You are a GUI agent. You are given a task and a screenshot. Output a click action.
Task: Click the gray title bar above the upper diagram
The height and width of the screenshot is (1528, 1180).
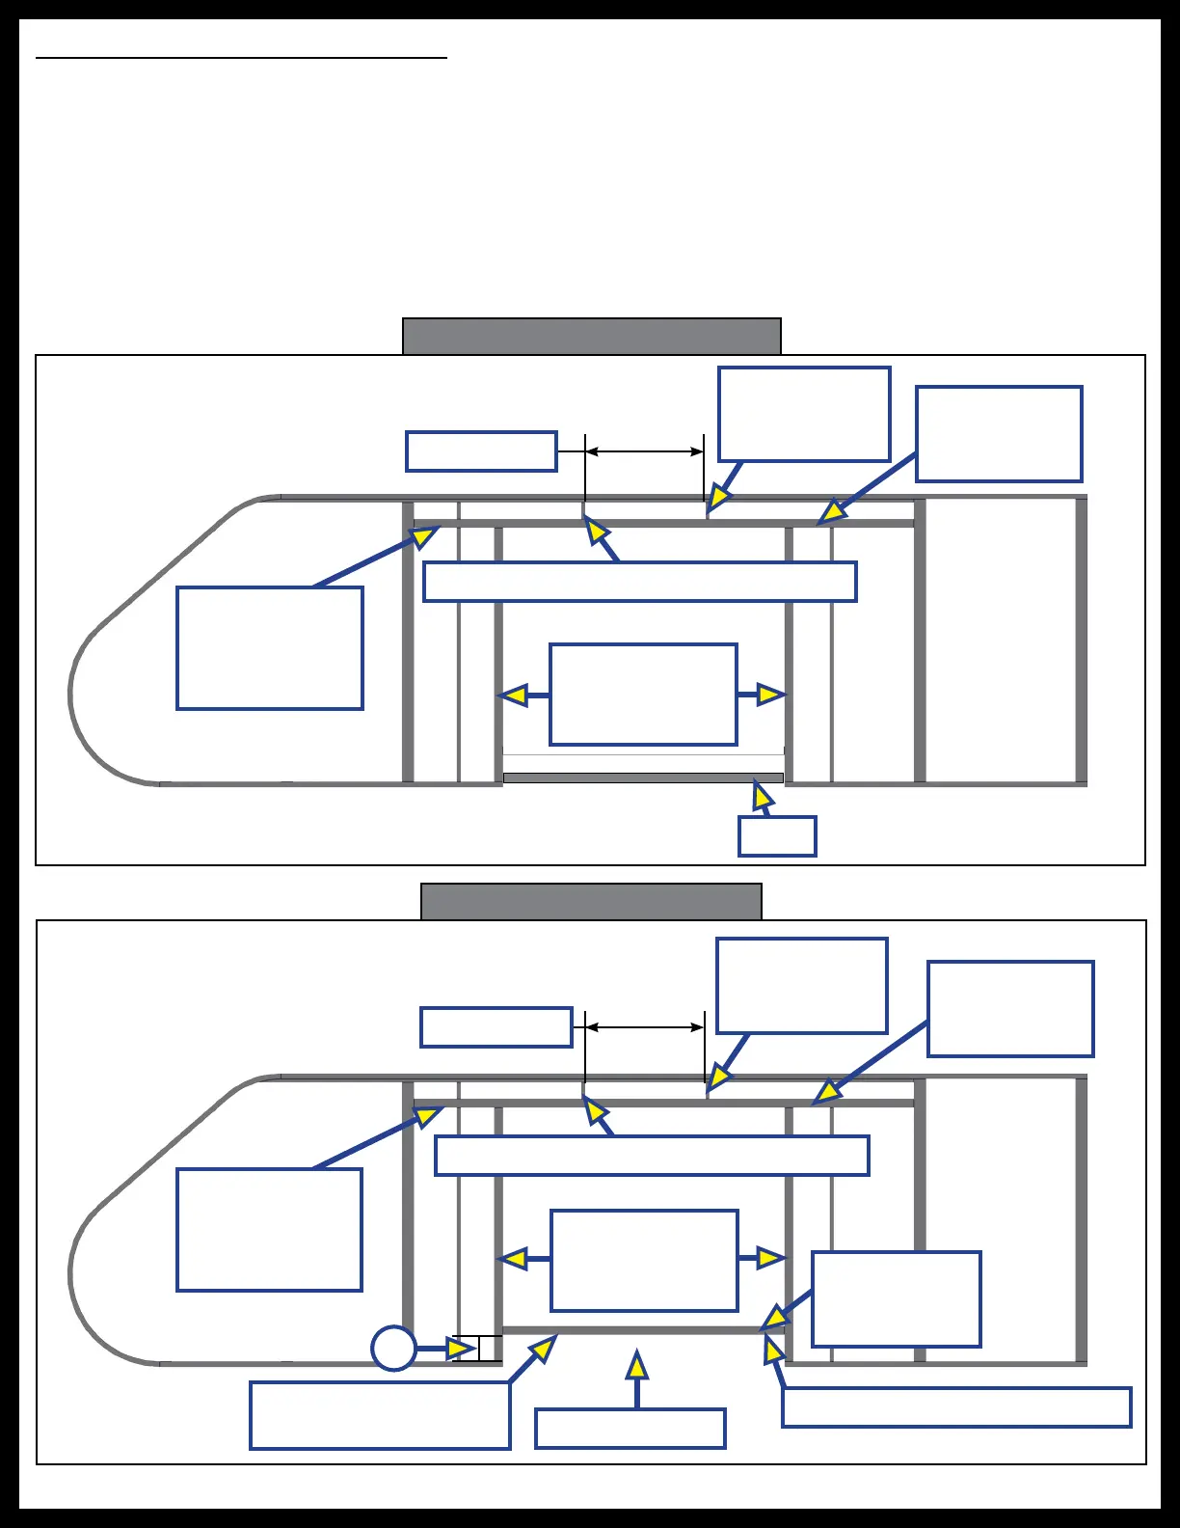[x=591, y=336]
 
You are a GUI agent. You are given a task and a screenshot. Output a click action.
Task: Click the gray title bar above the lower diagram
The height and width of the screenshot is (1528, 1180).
[x=591, y=901]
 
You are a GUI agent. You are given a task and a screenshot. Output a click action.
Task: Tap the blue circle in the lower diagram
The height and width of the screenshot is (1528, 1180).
[x=393, y=1348]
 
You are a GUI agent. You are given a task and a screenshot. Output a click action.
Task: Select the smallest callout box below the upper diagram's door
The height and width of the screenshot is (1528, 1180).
[x=777, y=836]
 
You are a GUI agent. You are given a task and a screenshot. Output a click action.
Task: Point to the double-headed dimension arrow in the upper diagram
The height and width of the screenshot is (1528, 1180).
[x=644, y=451]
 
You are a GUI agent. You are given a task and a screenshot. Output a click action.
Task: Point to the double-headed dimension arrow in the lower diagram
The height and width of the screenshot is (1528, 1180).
[x=644, y=1027]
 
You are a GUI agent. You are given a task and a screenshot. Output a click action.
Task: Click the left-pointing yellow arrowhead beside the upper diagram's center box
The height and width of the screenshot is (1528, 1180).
[x=514, y=695]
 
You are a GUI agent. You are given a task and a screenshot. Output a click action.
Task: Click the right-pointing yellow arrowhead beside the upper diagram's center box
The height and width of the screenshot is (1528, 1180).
[x=771, y=695]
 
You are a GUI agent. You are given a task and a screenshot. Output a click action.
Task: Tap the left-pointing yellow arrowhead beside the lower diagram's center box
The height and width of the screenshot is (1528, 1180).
[x=512, y=1259]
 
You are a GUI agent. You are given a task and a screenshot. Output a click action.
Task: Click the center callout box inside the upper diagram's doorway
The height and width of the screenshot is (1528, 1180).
[x=643, y=695]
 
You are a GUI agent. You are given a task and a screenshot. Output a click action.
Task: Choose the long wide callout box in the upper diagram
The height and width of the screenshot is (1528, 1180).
[x=640, y=582]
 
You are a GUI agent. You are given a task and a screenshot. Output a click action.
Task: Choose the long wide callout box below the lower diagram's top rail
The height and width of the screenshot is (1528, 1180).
[x=652, y=1156]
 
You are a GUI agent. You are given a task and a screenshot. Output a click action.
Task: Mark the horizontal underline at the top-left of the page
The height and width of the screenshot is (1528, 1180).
[x=241, y=58]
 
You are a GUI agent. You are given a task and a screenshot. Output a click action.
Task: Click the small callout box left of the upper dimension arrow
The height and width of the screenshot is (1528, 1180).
[x=481, y=451]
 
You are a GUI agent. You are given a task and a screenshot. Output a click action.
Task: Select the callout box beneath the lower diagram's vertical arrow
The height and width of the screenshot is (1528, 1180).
[x=630, y=1429]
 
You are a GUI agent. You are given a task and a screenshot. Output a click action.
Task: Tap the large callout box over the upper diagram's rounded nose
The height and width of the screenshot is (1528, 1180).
[x=270, y=648]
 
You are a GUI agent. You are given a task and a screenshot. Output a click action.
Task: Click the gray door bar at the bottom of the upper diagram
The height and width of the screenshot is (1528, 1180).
[x=643, y=778]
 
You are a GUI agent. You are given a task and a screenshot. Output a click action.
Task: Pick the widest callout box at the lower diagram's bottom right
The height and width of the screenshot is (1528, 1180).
[x=955, y=1407]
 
